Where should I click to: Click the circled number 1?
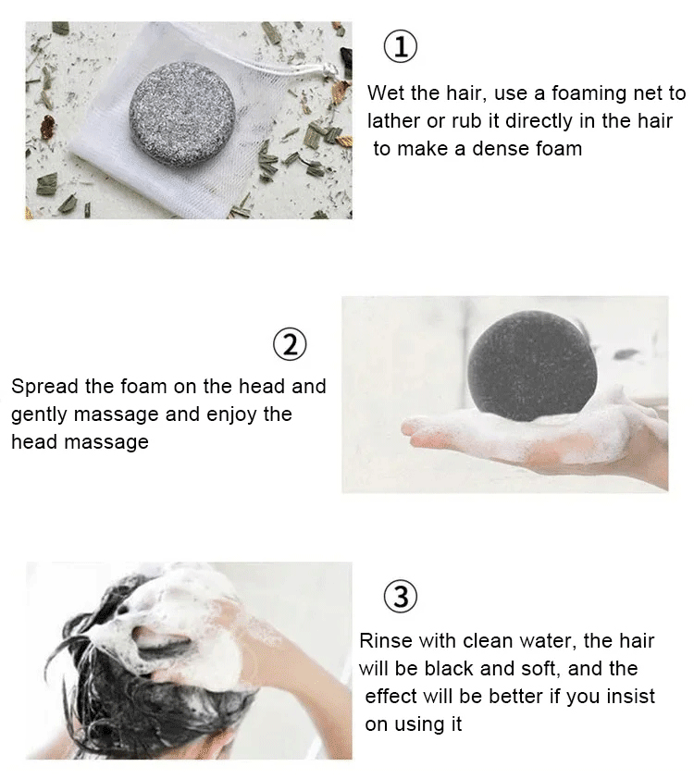pos(401,46)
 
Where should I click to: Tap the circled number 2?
pos(291,345)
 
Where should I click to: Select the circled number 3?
pos(401,597)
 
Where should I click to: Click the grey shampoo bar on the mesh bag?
pos(182,115)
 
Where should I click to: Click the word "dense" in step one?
pos(501,149)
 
